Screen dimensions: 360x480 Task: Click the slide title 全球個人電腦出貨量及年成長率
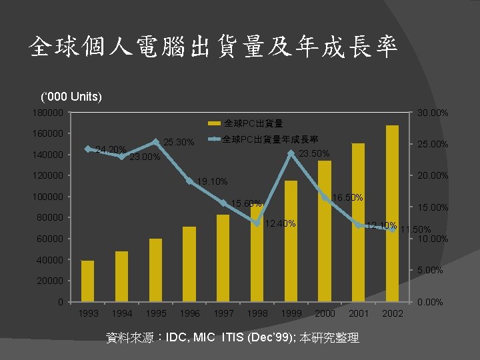pos(213,47)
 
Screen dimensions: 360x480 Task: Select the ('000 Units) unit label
pos(71,97)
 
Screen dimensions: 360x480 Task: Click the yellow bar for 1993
pos(87,281)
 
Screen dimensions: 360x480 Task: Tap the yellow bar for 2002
pos(392,213)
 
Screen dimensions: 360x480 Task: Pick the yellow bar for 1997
pos(223,258)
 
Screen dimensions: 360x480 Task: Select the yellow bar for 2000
pos(325,231)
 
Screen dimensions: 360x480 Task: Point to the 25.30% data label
pos(179,142)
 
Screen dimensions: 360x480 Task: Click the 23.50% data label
pos(314,154)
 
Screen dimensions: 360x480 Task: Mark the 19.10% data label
pos(213,181)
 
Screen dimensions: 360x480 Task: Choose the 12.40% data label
pos(281,223)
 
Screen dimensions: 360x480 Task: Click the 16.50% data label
pos(347,197)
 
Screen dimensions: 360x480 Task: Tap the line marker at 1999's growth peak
pos(291,153)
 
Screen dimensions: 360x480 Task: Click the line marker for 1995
pos(155,141)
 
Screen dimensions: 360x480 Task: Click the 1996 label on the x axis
pos(189,313)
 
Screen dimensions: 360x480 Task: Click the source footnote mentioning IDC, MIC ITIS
pos(233,338)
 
